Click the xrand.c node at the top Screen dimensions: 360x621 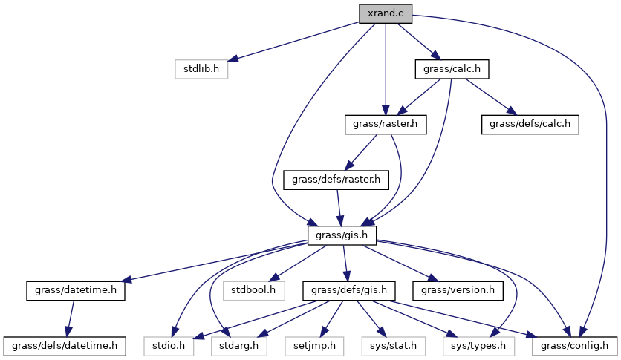[385, 13]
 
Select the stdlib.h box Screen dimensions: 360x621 [201, 69]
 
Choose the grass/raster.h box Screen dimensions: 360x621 [385, 124]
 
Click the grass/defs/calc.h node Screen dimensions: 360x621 [530, 124]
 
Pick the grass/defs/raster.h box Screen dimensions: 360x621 [336, 179]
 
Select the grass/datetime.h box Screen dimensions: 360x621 [75, 289]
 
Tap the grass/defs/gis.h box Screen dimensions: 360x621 [348, 289]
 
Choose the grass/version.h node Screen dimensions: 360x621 [458, 289]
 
